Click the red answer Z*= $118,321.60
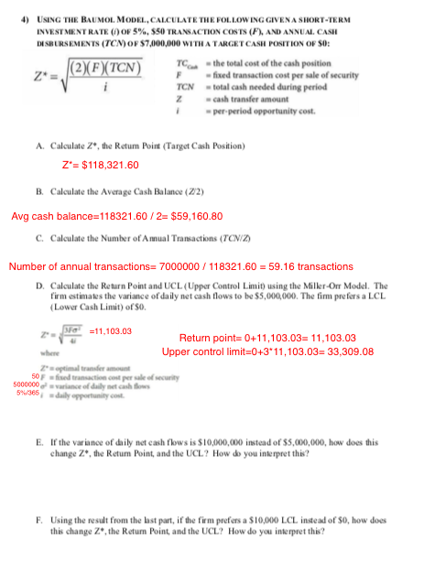pyautogui.click(x=100, y=165)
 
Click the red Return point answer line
pyautogui.click(x=267, y=337)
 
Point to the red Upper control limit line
pyautogui.click(x=267, y=351)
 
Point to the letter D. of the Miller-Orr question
pyautogui.click(x=40, y=286)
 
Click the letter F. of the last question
pyautogui.click(x=40, y=517)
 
